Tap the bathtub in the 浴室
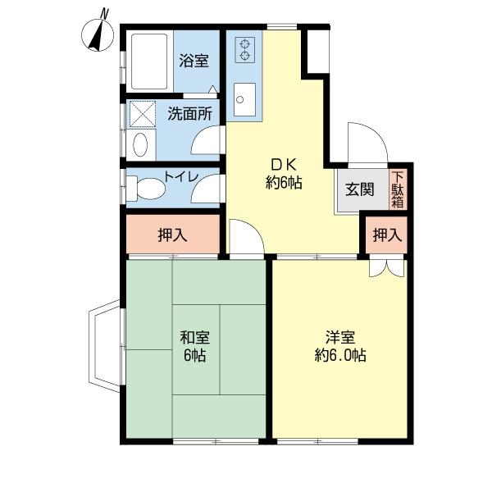[x=148, y=61]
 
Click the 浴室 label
[x=194, y=61]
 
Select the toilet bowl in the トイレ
[x=147, y=188]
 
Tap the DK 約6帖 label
[x=284, y=173]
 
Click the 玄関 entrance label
[x=359, y=189]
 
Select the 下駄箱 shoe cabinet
[x=397, y=189]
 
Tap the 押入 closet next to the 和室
[x=173, y=235]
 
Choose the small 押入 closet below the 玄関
[x=387, y=235]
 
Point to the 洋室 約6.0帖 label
[x=339, y=345]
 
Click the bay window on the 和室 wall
[x=105, y=344]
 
